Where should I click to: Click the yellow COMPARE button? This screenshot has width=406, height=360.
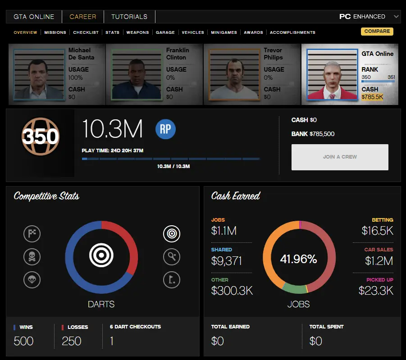click(x=377, y=32)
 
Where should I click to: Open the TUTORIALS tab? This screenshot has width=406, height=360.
click(x=129, y=17)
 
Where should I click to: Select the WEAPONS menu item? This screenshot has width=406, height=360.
click(x=137, y=32)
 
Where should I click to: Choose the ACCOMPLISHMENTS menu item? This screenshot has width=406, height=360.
click(x=292, y=32)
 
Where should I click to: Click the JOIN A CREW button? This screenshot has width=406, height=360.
click(x=340, y=157)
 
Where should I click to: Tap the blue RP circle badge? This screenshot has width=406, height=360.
click(x=165, y=129)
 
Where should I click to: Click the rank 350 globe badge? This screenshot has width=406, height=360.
click(x=41, y=136)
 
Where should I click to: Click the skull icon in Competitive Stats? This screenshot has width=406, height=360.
click(x=32, y=257)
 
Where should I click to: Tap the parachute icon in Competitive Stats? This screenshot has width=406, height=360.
click(x=32, y=280)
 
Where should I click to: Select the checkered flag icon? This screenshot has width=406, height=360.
click(x=32, y=233)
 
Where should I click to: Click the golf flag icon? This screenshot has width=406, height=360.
click(x=171, y=280)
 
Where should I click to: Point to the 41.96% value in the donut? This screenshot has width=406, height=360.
click(x=298, y=260)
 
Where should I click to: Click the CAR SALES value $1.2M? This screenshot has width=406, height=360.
click(x=379, y=261)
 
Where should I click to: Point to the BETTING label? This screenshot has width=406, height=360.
click(x=382, y=220)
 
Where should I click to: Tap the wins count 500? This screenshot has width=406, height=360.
click(x=23, y=341)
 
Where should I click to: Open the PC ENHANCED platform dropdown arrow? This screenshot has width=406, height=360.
click(x=396, y=17)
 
